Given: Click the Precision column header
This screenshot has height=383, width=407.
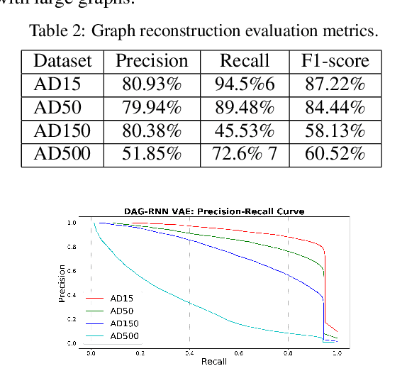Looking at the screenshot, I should coord(152,61).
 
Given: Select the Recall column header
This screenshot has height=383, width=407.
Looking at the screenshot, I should coord(245,61).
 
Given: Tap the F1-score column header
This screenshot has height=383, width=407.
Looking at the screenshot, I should coord(335,61).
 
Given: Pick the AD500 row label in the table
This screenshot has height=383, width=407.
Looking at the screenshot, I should coord(62,154).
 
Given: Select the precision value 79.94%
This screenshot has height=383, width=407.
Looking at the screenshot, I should coord(152,109).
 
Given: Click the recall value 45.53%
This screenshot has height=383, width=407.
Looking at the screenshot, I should coord(245,131).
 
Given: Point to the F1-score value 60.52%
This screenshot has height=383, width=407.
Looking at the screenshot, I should coord(335,154).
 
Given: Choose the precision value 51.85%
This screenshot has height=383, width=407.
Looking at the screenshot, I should coord(152,154).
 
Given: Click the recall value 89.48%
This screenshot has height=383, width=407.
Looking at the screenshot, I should coord(245,109).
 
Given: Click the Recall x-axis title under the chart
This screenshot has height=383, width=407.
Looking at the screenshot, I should coord(213,362).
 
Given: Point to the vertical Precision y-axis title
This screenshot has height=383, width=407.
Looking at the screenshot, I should coord(62,283).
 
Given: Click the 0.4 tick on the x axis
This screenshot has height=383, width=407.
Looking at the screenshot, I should coord(189,353).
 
